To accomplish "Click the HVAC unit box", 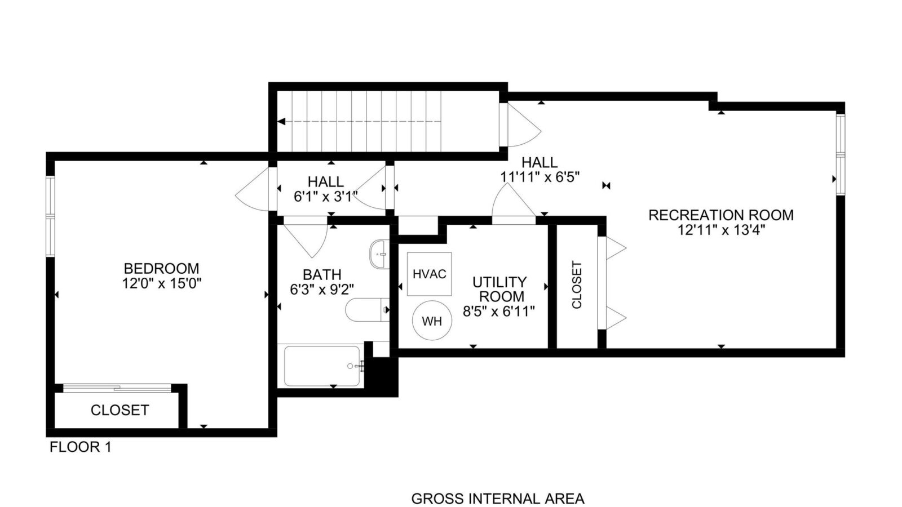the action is tap(429, 274).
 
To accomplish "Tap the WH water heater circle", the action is tap(432, 321).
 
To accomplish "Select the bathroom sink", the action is tap(379, 254).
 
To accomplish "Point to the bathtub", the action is tap(321, 366).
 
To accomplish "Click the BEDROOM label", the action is tap(161, 268).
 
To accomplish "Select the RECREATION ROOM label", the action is tap(721, 215).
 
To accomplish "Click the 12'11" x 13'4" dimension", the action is tap(721, 230).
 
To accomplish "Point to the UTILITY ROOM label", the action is tap(499, 290).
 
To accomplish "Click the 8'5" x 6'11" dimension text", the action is tap(499, 311).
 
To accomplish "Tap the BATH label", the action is tap(322, 275).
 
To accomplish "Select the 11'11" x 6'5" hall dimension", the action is tap(540, 177).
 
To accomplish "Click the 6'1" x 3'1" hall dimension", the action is tap(326, 197).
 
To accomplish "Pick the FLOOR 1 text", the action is tap(81, 447).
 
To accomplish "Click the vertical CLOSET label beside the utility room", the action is tap(577, 285).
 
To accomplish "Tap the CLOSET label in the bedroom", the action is tap(120, 411).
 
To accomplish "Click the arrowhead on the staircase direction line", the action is tap(281, 121).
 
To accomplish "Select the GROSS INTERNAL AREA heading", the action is tap(498, 499).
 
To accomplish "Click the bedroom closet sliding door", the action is tap(118, 388).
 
